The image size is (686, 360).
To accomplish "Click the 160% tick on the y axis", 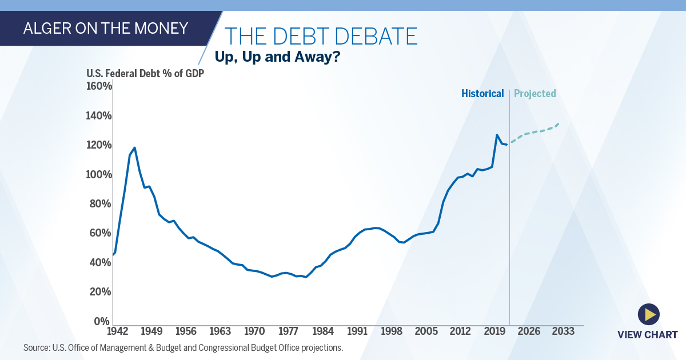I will coord(99,86).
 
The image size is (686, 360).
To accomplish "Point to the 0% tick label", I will coord(102,321).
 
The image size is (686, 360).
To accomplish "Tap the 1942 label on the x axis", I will coord(117,331).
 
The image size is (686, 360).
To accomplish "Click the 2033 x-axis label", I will coord(563,331).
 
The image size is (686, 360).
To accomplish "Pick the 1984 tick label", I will coord(323,331).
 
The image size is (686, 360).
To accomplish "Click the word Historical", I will coord(482,94).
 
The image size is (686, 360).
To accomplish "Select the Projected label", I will coord(535,94).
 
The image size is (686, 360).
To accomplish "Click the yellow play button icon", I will coord(648,314).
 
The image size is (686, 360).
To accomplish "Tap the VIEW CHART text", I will coord(647,335).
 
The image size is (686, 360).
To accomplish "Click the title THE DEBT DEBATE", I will coord(320,37).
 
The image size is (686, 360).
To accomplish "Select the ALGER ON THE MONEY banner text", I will coord(105,28).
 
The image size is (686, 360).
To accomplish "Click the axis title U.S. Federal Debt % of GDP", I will coord(145,73).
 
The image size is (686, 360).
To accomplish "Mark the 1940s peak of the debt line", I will coord(134,147).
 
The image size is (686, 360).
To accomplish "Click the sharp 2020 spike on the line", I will coord(497,135).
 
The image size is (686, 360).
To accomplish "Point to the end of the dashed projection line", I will coord(559,123).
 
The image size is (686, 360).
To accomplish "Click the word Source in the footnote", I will coord(35,347).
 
